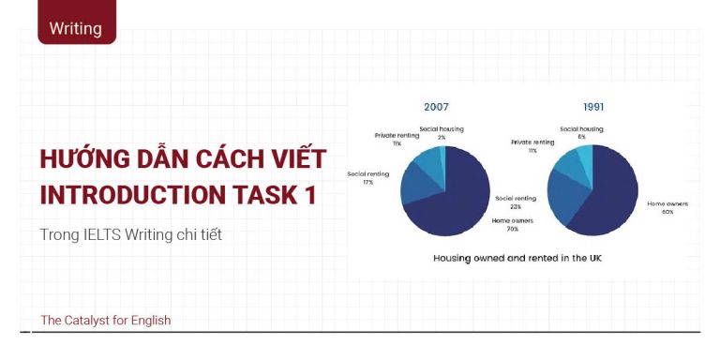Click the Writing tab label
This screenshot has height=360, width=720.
pyautogui.click(x=76, y=28)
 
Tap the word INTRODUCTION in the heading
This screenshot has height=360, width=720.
pyautogui.click(x=121, y=195)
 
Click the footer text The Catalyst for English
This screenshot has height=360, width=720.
pyautogui.click(x=105, y=321)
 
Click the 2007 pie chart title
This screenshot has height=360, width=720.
pyautogui.click(x=436, y=107)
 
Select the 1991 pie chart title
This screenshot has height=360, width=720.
pyautogui.click(x=593, y=107)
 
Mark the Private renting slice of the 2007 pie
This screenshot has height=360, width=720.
pyautogui.click(x=427, y=159)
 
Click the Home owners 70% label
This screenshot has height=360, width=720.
pyautogui.click(x=512, y=224)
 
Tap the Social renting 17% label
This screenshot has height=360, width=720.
pyautogui.click(x=367, y=177)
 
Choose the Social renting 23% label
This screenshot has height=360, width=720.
pyautogui.click(x=516, y=202)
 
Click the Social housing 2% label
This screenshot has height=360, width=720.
pyautogui.click(x=441, y=132)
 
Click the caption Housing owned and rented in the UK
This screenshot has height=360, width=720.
pyautogui.click(x=517, y=257)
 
